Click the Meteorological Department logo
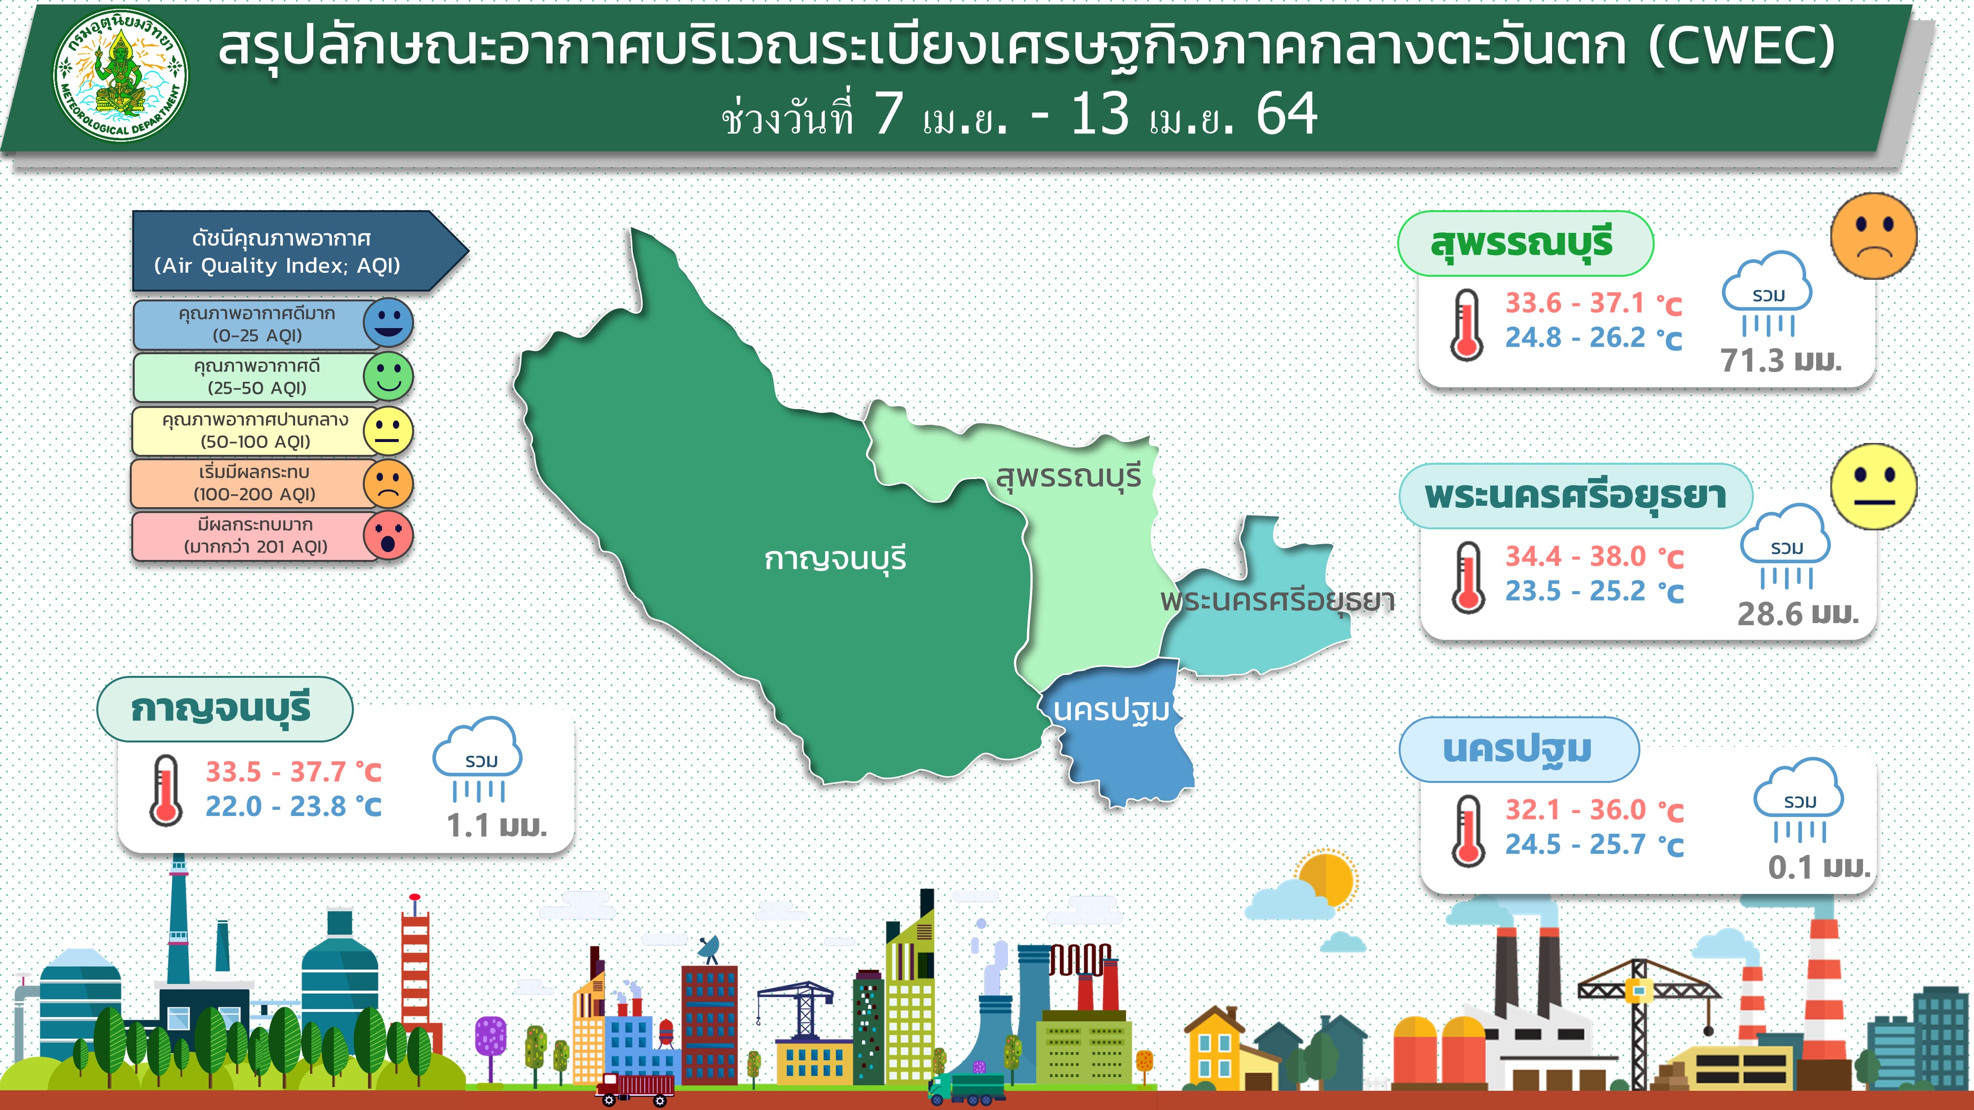coord(120,76)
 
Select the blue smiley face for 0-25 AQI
coord(388,323)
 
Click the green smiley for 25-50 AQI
coord(388,376)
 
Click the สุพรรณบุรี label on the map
coord(1068,477)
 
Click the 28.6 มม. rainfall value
coord(1798,614)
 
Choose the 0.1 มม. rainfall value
coord(1819,867)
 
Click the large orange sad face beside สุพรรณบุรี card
coord(1874,235)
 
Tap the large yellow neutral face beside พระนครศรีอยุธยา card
coord(1874,486)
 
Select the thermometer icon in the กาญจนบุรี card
coord(165,790)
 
